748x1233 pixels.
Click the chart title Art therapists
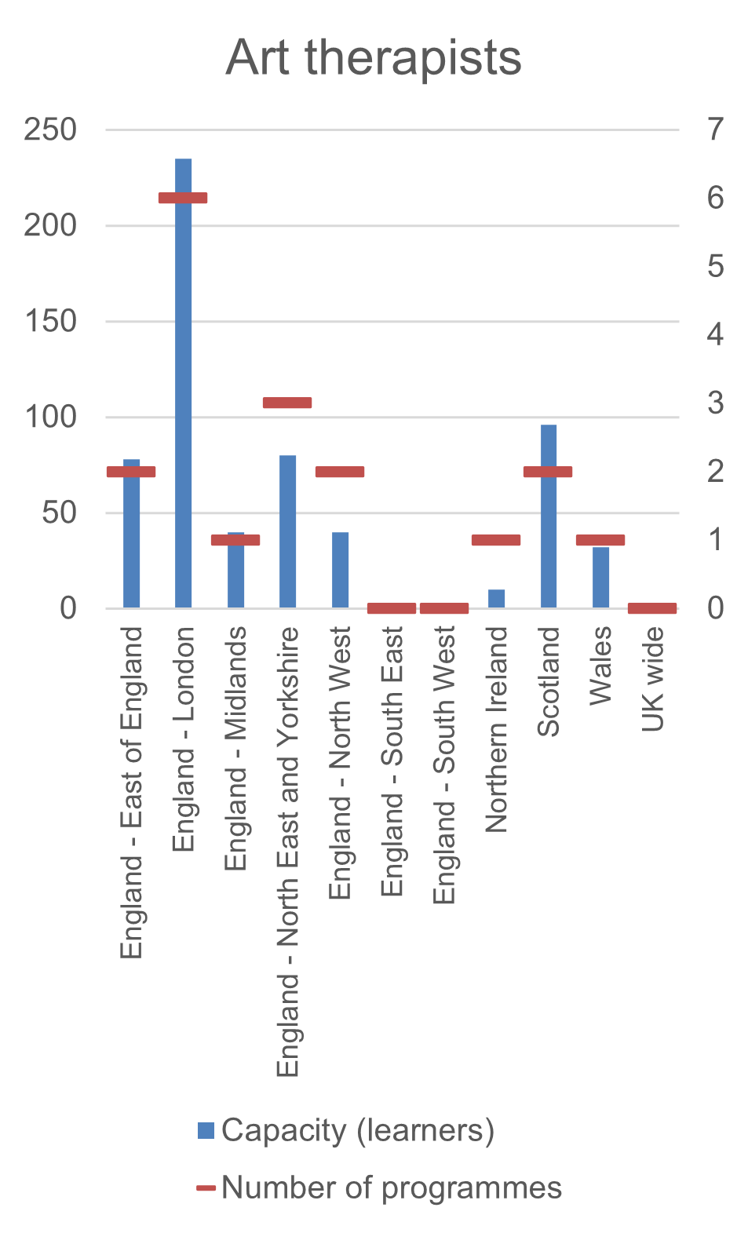point(374,58)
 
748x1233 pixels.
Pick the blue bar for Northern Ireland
point(496,599)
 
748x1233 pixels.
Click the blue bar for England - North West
point(340,570)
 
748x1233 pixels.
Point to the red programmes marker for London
point(183,198)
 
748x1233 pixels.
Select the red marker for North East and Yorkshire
point(287,403)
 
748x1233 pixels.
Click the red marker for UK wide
point(652,608)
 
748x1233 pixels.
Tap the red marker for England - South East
point(392,608)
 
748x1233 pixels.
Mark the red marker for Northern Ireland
point(496,540)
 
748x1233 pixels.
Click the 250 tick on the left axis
point(50,130)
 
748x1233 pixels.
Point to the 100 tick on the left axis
point(50,417)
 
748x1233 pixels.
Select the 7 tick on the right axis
point(715,129)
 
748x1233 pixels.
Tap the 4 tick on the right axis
point(715,334)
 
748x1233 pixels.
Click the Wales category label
point(600,666)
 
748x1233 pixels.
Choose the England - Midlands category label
point(235,748)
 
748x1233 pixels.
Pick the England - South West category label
point(444,764)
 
